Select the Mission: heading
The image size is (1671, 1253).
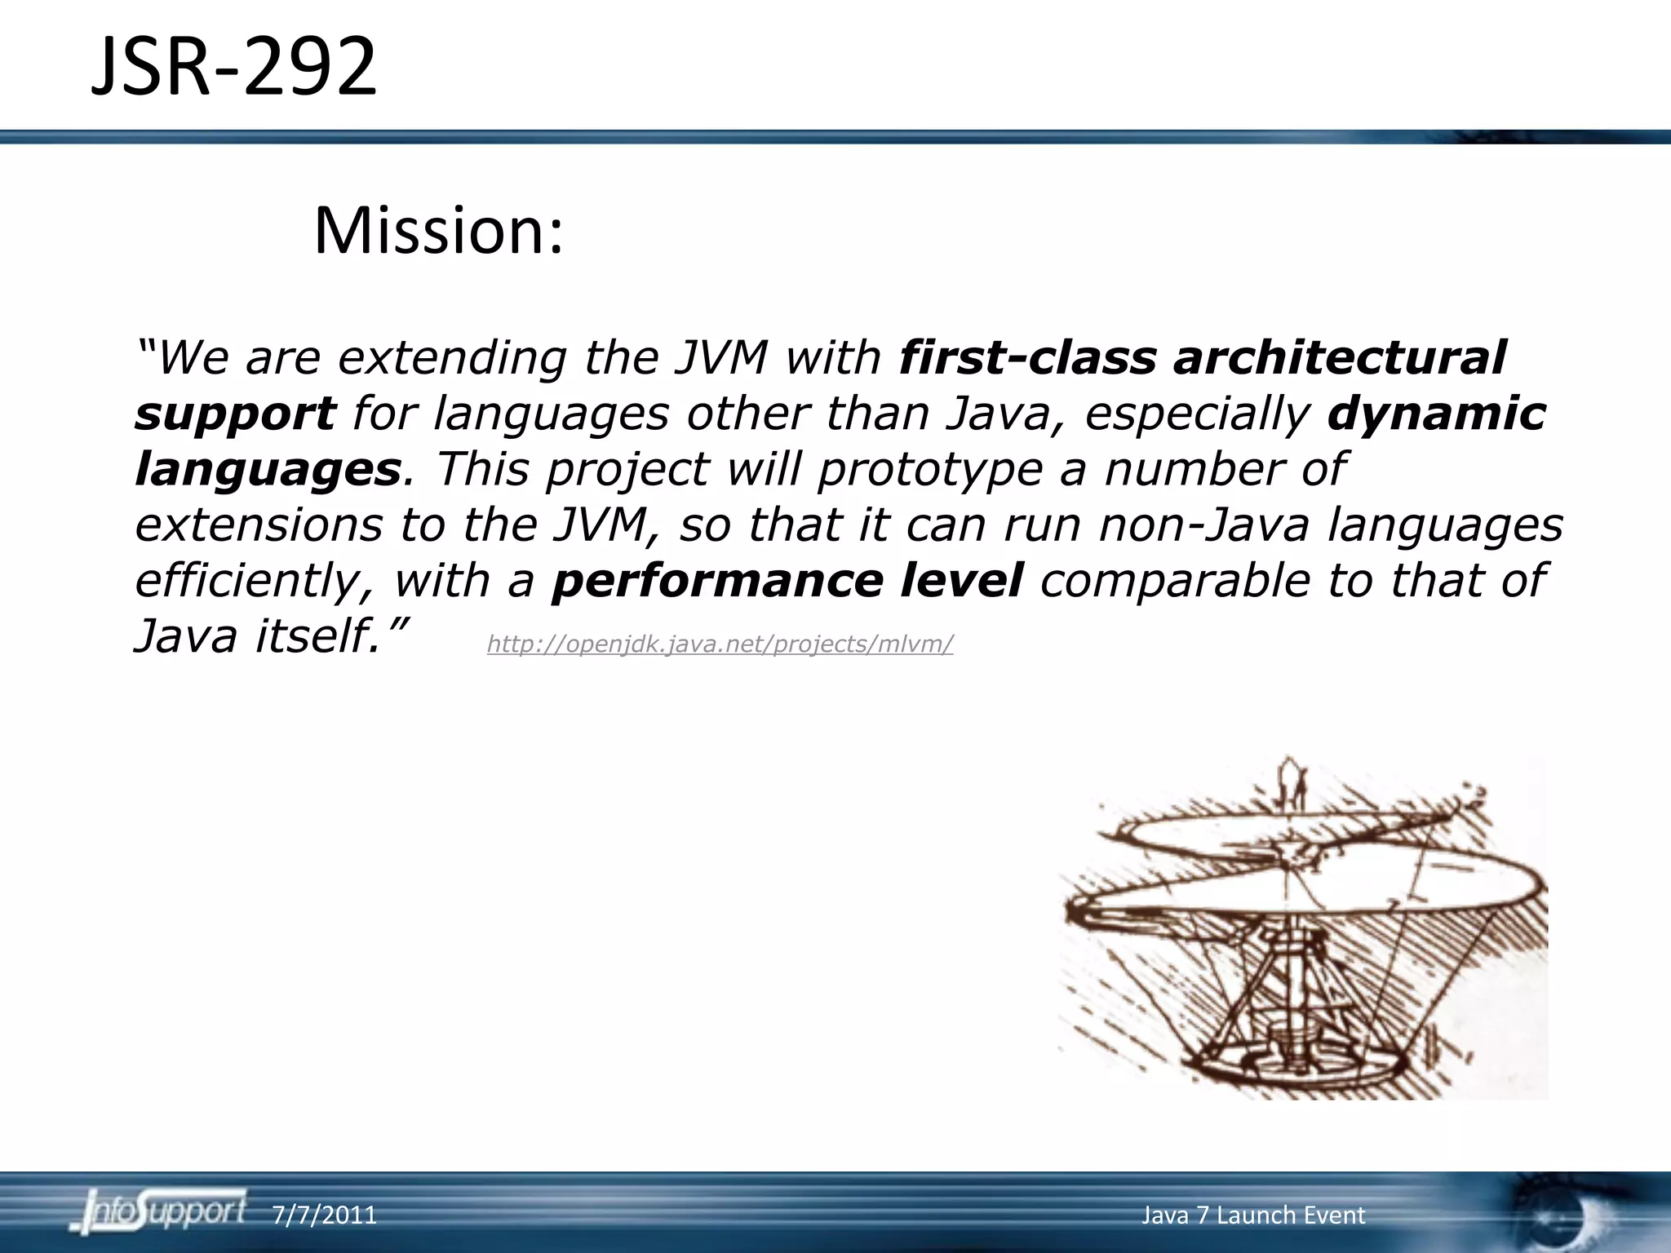click(x=438, y=231)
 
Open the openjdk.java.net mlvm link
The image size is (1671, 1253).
click(x=720, y=644)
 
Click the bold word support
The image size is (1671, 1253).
click(x=235, y=414)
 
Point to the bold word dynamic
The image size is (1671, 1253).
click(x=1436, y=413)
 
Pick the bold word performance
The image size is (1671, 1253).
click(x=717, y=580)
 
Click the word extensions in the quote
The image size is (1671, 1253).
click(x=258, y=525)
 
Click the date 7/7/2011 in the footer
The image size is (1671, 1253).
click(x=325, y=1215)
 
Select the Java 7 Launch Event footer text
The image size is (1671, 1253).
click(x=1252, y=1215)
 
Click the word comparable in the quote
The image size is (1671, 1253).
click(x=1174, y=580)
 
